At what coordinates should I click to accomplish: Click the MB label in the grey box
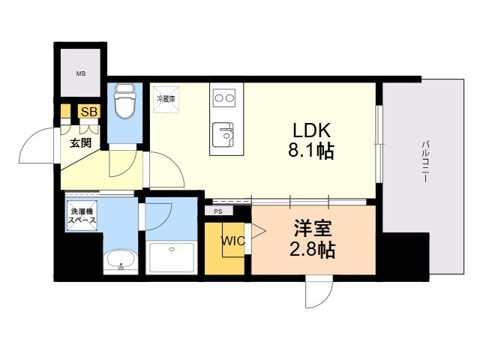point(79,73)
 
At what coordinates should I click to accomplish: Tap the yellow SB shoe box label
point(89,112)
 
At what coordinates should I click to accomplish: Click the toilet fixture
point(124,100)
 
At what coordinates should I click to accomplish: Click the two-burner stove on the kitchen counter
point(225,97)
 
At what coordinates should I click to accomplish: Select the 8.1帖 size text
point(310,151)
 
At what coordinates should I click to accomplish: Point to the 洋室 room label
point(313,226)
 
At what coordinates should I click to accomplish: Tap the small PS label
point(218,211)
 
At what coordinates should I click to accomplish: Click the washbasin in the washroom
point(120,262)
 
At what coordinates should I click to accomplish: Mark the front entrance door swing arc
point(36,148)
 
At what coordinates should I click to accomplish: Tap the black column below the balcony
point(405,255)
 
